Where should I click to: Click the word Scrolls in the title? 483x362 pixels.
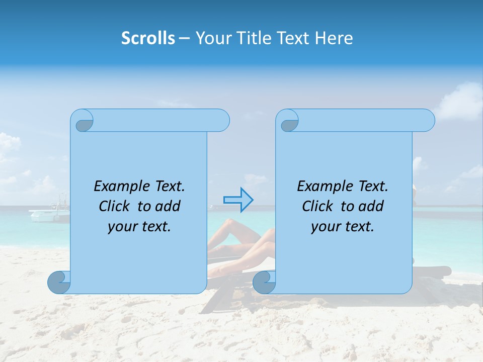click(148, 38)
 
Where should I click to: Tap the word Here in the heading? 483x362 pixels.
click(334, 38)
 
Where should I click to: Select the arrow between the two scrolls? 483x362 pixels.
click(238, 200)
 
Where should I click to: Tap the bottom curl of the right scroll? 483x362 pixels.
click(264, 282)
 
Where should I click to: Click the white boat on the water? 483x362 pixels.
click(49, 215)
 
